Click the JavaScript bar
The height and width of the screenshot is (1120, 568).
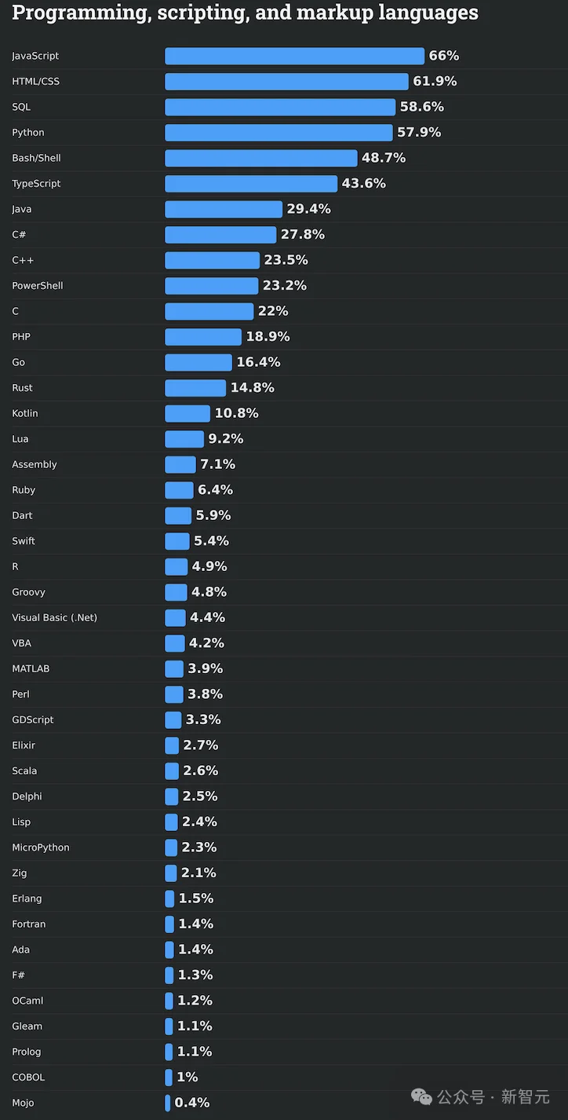(294, 56)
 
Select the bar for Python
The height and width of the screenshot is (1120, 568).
(279, 133)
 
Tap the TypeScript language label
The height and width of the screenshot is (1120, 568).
(36, 184)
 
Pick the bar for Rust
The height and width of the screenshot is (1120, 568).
(195, 388)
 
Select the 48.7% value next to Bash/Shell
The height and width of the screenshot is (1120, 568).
(384, 158)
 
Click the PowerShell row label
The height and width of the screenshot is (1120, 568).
(37, 286)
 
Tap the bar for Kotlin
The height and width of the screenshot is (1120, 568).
(188, 413)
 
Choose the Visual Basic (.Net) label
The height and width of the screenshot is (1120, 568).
(54, 617)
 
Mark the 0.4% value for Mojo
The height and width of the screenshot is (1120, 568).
(192, 1103)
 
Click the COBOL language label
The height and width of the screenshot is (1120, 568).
(28, 1077)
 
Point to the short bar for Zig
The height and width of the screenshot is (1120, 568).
(171, 873)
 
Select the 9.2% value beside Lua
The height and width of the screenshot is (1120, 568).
(226, 439)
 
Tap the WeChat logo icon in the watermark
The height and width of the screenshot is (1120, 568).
(421, 1096)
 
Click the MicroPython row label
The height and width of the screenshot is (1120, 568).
(41, 847)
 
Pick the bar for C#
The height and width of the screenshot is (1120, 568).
(220, 235)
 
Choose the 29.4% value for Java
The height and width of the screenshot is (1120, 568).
(308, 209)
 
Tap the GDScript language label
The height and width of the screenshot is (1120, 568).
(33, 719)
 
